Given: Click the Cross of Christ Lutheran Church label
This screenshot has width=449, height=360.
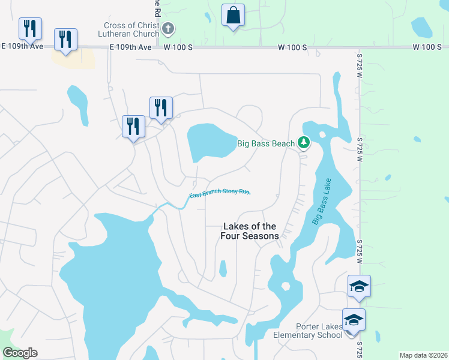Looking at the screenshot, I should tap(131, 29).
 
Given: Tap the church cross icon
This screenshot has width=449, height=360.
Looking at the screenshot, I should tap(169, 28).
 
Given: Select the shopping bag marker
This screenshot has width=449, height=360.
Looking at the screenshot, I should tap(233, 15).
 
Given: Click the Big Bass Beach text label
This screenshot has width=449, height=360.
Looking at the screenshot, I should tap(266, 143).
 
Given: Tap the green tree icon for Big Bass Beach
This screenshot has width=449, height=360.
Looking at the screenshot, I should tap(304, 143).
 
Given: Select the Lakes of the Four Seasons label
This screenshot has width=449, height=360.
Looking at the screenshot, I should tap(250, 231).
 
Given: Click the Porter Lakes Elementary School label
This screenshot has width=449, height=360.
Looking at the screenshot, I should tap(308, 331).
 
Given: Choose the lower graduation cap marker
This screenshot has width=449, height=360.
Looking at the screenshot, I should tap(354, 319).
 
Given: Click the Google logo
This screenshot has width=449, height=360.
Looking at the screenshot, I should tap(20, 353).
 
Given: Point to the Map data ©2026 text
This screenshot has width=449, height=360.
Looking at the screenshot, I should tap(423, 355).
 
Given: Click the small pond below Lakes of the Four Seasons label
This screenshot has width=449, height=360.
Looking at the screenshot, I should tap(223, 268).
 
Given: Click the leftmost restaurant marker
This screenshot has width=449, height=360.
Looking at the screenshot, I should tap(30, 28).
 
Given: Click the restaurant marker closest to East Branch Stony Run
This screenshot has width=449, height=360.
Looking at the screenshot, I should tap(133, 127).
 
